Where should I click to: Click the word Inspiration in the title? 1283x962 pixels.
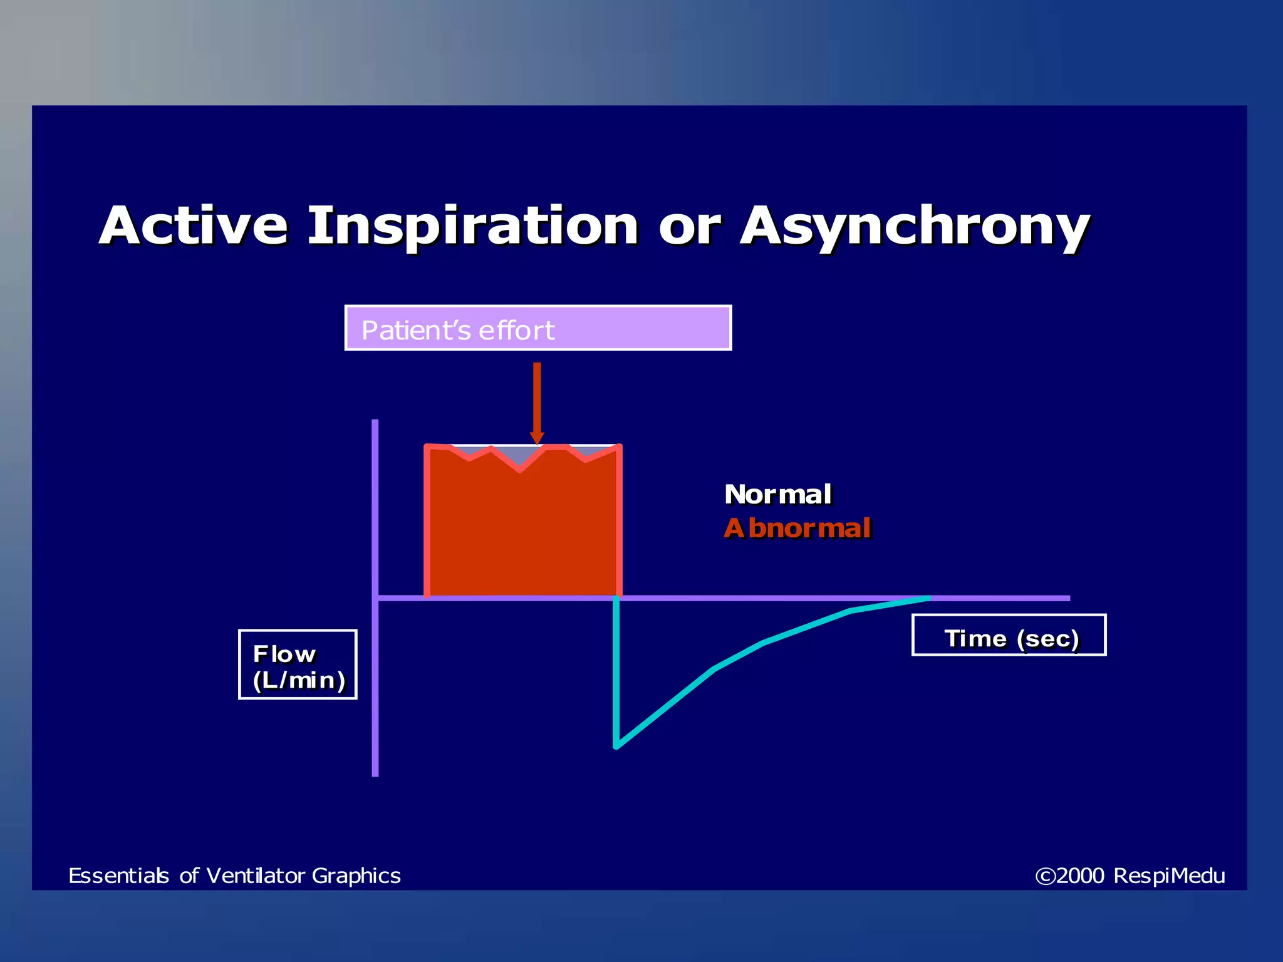pos(473,227)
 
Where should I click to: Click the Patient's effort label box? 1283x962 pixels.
pos(538,328)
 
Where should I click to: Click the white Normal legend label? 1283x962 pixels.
pos(777,495)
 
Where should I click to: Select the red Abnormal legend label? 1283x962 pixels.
pos(797,529)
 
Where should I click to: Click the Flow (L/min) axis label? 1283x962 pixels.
pos(298,665)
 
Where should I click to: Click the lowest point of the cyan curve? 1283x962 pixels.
pos(616,746)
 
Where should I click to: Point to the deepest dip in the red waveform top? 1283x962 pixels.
pos(519,470)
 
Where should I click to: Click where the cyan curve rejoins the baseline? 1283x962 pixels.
pos(928,598)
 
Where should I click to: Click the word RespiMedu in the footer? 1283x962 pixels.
pos(1169,876)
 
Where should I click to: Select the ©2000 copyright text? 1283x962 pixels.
pos(1070,876)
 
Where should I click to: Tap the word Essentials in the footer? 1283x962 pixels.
pos(118,876)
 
